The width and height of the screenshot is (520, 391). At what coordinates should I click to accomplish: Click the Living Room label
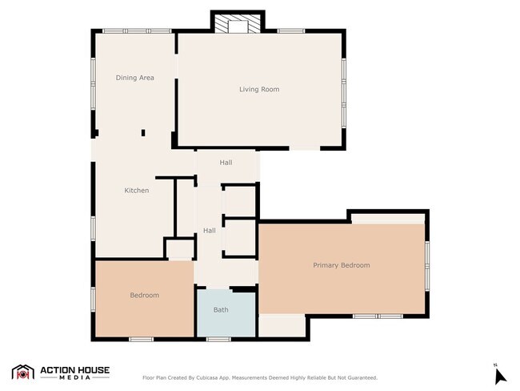(259, 89)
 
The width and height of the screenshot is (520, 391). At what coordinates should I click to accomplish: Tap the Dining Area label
(134, 78)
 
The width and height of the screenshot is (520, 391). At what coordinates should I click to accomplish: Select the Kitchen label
(137, 191)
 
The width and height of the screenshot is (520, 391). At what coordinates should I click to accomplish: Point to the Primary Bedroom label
(342, 265)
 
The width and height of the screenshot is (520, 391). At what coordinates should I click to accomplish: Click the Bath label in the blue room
(221, 309)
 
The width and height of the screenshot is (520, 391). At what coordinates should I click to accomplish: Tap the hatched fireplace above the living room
(238, 24)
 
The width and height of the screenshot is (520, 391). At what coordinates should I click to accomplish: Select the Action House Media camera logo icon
(23, 372)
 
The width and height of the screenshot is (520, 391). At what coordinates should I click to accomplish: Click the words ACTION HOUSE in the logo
(74, 369)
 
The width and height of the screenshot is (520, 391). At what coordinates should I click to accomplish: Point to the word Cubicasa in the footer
(207, 377)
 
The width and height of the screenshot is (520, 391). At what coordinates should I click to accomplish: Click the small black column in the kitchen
(143, 132)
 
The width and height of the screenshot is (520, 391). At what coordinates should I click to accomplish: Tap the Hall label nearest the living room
(226, 163)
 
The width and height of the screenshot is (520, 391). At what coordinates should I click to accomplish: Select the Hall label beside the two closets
(210, 231)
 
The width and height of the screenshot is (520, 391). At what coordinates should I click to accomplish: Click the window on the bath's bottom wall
(218, 339)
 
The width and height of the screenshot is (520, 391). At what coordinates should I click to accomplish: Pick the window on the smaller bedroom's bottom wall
(142, 339)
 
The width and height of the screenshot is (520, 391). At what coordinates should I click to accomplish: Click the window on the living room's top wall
(291, 31)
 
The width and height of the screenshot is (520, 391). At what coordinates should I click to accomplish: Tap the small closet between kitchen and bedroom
(180, 249)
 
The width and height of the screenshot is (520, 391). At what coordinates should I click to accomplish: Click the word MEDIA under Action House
(74, 377)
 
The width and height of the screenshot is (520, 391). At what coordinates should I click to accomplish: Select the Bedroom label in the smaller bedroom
(145, 295)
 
